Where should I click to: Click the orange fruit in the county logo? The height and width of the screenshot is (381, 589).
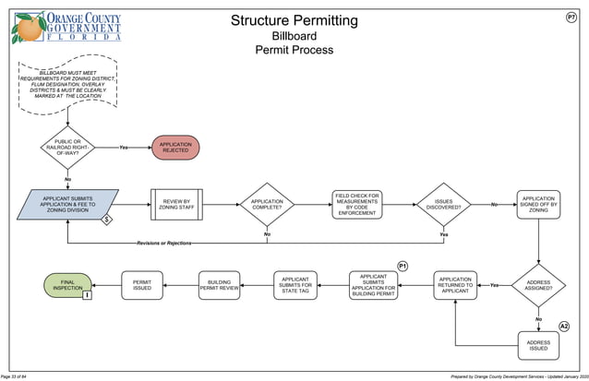click(27, 29)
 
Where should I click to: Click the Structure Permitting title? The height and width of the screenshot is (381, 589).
click(293, 20)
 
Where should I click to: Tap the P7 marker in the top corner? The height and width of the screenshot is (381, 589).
click(571, 18)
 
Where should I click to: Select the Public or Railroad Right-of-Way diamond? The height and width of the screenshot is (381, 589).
click(67, 148)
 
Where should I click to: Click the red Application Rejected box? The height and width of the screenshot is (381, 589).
click(175, 148)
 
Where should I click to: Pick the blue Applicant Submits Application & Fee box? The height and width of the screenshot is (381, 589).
click(68, 205)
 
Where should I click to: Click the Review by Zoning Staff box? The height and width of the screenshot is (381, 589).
click(175, 205)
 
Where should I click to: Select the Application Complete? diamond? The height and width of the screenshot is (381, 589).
click(267, 205)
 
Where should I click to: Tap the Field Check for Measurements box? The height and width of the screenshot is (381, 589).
click(357, 205)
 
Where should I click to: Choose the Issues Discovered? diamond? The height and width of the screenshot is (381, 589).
click(443, 205)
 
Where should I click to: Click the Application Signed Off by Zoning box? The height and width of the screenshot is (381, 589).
click(538, 205)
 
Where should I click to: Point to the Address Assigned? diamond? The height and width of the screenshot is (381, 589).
click(538, 285)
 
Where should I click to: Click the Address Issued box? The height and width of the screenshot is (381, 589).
click(538, 346)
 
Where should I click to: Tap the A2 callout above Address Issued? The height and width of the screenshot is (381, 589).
click(564, 327)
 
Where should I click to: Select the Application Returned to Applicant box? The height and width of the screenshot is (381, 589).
click(455, 285)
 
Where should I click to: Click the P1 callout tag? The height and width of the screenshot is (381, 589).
click(403, 266)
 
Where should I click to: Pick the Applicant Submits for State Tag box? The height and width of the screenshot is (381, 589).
click(296, 285)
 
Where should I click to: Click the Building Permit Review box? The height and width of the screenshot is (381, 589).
click(220, 285)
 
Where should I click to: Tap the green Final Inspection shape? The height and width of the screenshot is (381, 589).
click(67, 285)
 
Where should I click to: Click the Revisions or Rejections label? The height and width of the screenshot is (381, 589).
click(164, 243)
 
